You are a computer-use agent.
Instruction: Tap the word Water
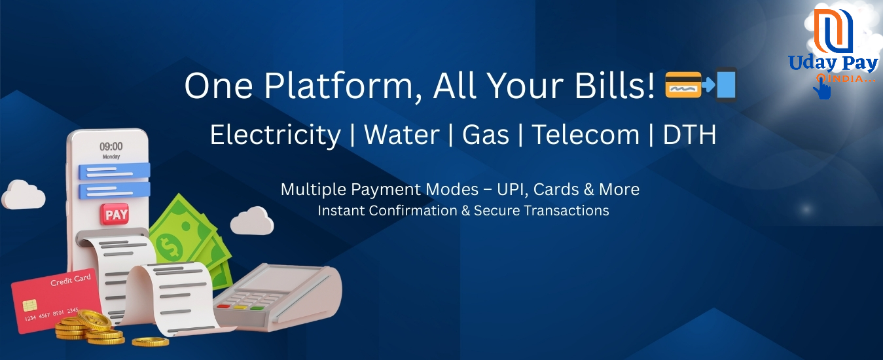point(402,135)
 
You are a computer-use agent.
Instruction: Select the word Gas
point(486,135)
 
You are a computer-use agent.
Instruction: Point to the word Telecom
point(586,135)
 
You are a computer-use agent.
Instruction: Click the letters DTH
point(689,135)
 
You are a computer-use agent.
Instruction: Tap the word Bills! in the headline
point(614,85)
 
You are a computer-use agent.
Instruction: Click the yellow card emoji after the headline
point(683,85)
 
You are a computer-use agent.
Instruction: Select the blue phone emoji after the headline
point(726,85)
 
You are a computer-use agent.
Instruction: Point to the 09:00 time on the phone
point(111,147)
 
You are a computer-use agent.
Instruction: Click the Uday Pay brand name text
point(833,63)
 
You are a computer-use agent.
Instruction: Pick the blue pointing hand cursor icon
point(823,88)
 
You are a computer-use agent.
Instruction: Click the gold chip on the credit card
point(29,305)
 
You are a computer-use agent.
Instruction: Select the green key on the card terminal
point(257,308)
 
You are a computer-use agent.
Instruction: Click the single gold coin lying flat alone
point(151,342)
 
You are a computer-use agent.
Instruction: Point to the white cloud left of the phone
point(24,194)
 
